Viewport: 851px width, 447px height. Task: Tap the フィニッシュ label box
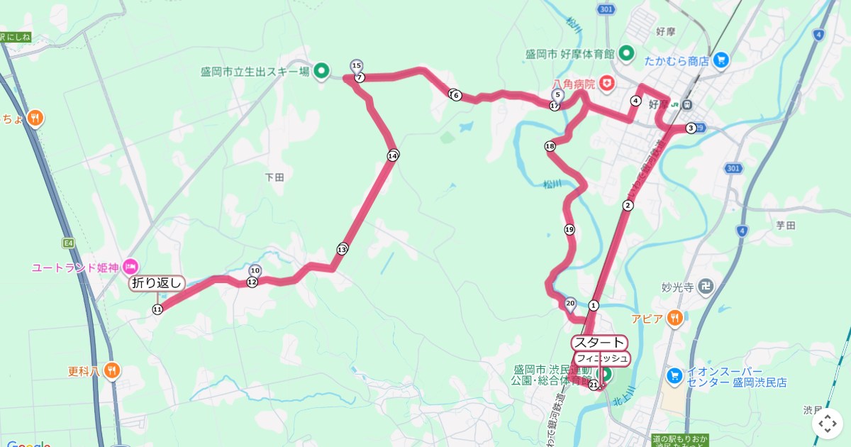pos(601,358)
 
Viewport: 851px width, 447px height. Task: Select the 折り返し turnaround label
pos(157,283)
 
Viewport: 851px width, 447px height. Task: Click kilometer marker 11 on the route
pos(157,309)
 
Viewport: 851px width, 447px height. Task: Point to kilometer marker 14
pos(393,155)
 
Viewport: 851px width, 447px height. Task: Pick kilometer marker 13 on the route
pos(343,249)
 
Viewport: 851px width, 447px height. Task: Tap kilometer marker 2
pos(627,206)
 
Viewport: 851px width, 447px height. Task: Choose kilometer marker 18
pos(550,147)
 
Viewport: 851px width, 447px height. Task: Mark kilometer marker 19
pos(569,229)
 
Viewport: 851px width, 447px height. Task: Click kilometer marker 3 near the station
pos(690,128)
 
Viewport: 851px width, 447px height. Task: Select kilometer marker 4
pos(635,101)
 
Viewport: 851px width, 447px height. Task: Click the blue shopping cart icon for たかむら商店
pos(721,60)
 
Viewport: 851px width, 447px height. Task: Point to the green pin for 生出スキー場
pos(321,70)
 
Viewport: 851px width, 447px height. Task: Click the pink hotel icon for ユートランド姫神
pos(130,267)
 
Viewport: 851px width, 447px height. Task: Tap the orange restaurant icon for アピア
pos(675,318)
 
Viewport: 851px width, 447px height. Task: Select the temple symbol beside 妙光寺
pos(705,287)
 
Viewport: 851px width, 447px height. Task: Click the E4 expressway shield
pos(68,243)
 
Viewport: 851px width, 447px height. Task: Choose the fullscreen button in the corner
pos(828,424)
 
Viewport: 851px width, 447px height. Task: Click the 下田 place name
pos(274,177)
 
